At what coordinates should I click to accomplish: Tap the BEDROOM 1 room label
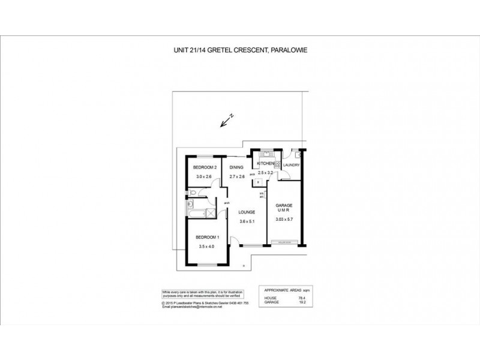(209, 238)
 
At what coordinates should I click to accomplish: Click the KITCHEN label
(266, 163)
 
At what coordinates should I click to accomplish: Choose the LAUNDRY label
(290, 164)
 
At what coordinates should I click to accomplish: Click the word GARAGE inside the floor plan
(284, 205)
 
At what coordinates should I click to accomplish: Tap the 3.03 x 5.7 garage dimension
(284, 220)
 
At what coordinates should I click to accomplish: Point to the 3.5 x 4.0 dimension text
(207, 247)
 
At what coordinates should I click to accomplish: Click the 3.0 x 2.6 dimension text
(204, 176)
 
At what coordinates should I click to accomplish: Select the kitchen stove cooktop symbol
(278, 167)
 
